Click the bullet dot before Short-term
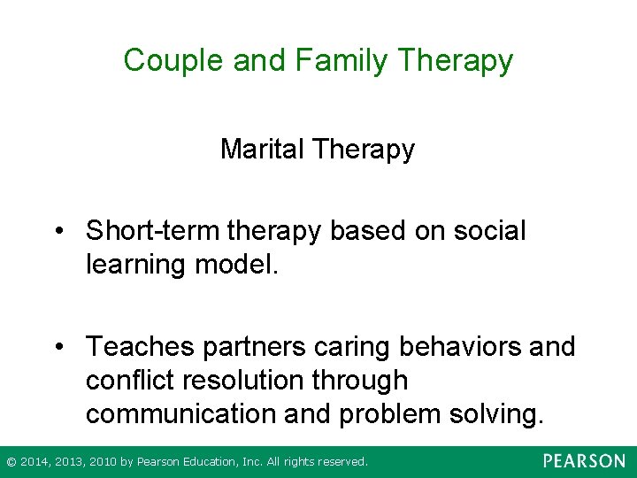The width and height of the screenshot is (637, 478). click(59, 232)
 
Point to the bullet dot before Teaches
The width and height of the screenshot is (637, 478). click(59, 347)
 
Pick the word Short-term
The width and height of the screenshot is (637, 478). click(154, 231)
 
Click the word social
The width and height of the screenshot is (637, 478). click(489, 231)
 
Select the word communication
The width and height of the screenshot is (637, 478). click(176, 412)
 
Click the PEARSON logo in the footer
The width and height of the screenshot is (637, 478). click(584, 461)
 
